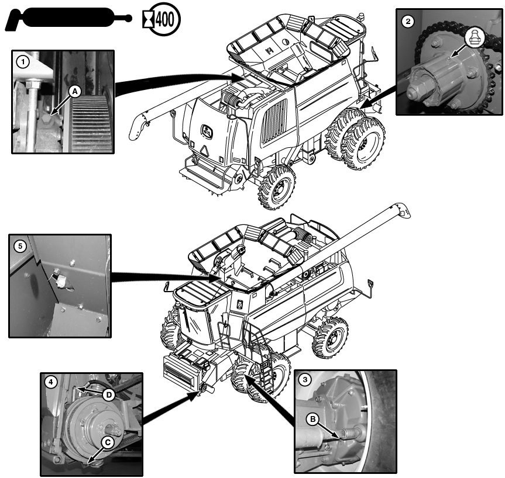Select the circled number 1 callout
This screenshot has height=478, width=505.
click(22, 61)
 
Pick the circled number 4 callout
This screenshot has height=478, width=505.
click(52, 382)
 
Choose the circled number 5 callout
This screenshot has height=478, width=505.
click(20, 246)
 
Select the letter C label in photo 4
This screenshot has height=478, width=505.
click(107, 442)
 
